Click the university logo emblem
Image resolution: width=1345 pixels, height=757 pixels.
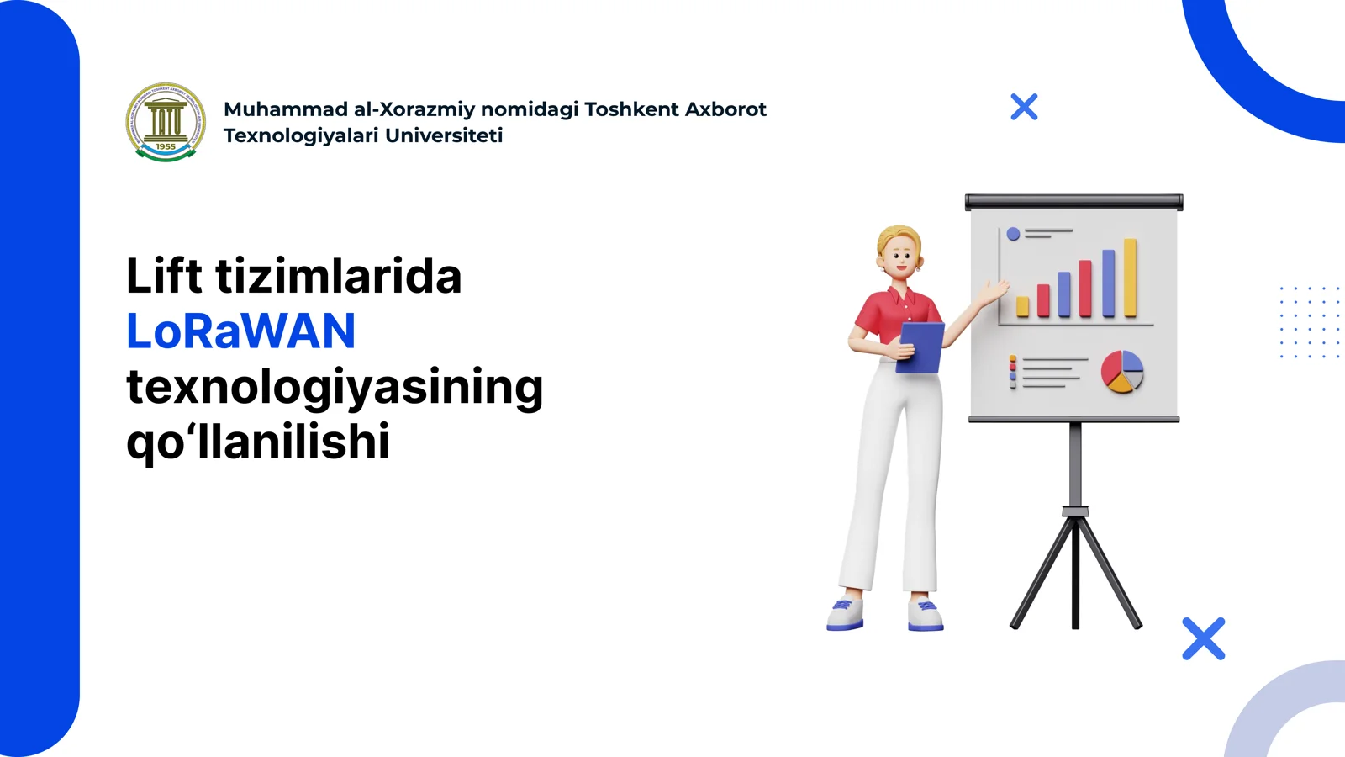[x=166, y=122]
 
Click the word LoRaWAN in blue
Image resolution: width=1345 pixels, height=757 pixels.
[x=241, y=331]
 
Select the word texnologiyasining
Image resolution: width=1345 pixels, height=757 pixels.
[x=335, y=387]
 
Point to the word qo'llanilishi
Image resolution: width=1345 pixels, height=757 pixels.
[x=258, y=442]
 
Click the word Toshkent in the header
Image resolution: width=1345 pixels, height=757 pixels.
[x=631, y=109]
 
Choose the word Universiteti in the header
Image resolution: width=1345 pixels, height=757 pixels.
[x=444, y=135]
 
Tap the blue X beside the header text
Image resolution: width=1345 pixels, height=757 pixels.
[x=1024, y=107]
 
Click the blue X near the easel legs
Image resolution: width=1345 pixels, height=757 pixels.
[x=1203, y=638]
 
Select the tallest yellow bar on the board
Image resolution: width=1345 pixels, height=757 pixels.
[x=1131, y=278]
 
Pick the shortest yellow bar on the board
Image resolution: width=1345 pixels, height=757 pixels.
[x=1022, y=306]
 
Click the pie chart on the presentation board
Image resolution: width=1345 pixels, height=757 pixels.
[x=1122, y=372]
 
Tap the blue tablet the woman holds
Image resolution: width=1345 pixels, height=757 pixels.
[x=922, y=347]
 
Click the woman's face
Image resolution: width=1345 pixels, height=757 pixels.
[x=901, y=257]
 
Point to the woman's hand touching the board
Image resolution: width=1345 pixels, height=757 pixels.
[x=993, y=291]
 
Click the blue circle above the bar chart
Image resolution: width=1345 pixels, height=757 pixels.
[x=1013, y=234]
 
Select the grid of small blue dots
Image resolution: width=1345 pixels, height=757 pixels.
[x=1309, y=323]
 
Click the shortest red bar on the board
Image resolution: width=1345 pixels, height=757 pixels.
[x=1043, y=300]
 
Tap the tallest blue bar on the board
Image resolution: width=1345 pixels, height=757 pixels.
[x=1108, y=283]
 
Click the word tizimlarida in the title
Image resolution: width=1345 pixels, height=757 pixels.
[x=339, y=277]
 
